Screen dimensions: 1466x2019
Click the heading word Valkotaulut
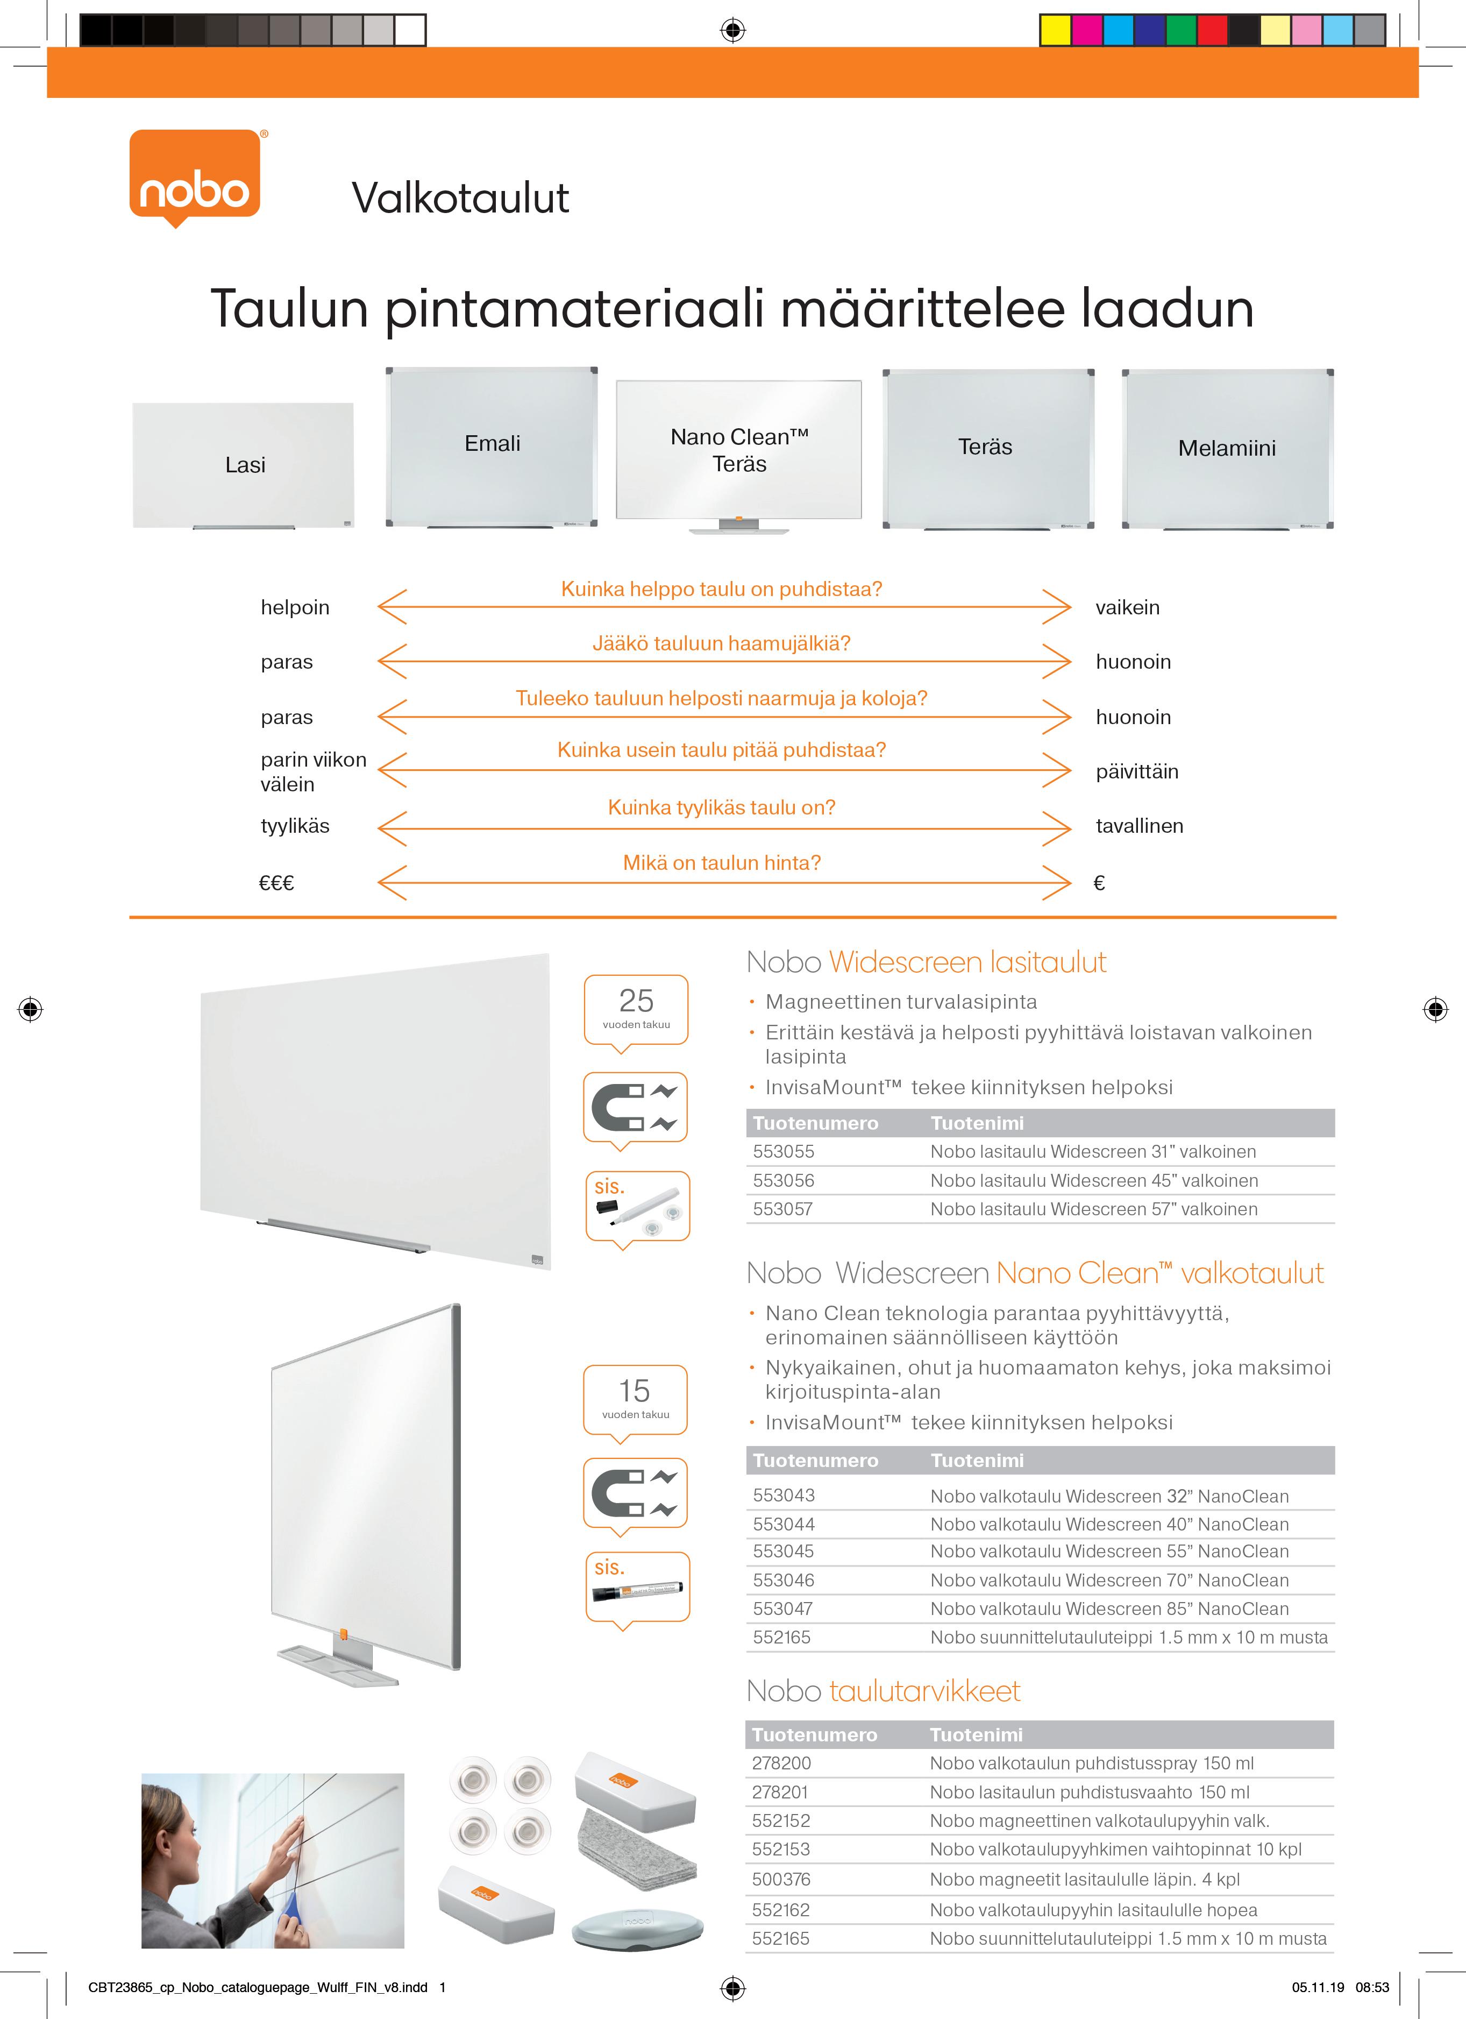click(460, 197)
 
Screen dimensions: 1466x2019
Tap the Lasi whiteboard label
click(245, 465)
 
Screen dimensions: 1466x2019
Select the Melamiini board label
click(1227, 448)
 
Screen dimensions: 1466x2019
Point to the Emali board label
click(492, 443)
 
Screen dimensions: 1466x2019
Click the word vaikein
click(1127, 607)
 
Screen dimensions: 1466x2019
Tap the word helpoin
click(295, 607)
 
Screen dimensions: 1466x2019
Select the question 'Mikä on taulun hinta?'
click(721, 862)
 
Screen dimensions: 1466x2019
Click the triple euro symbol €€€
click(276, 883)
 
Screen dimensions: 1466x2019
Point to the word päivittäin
click(1137, 772)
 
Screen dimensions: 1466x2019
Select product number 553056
click(784, 1180)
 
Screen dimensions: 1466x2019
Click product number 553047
click(784, 1609)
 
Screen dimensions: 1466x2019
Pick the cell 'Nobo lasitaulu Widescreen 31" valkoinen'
click(1093, 1151)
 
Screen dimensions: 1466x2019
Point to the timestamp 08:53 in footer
click(1372, 1987)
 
